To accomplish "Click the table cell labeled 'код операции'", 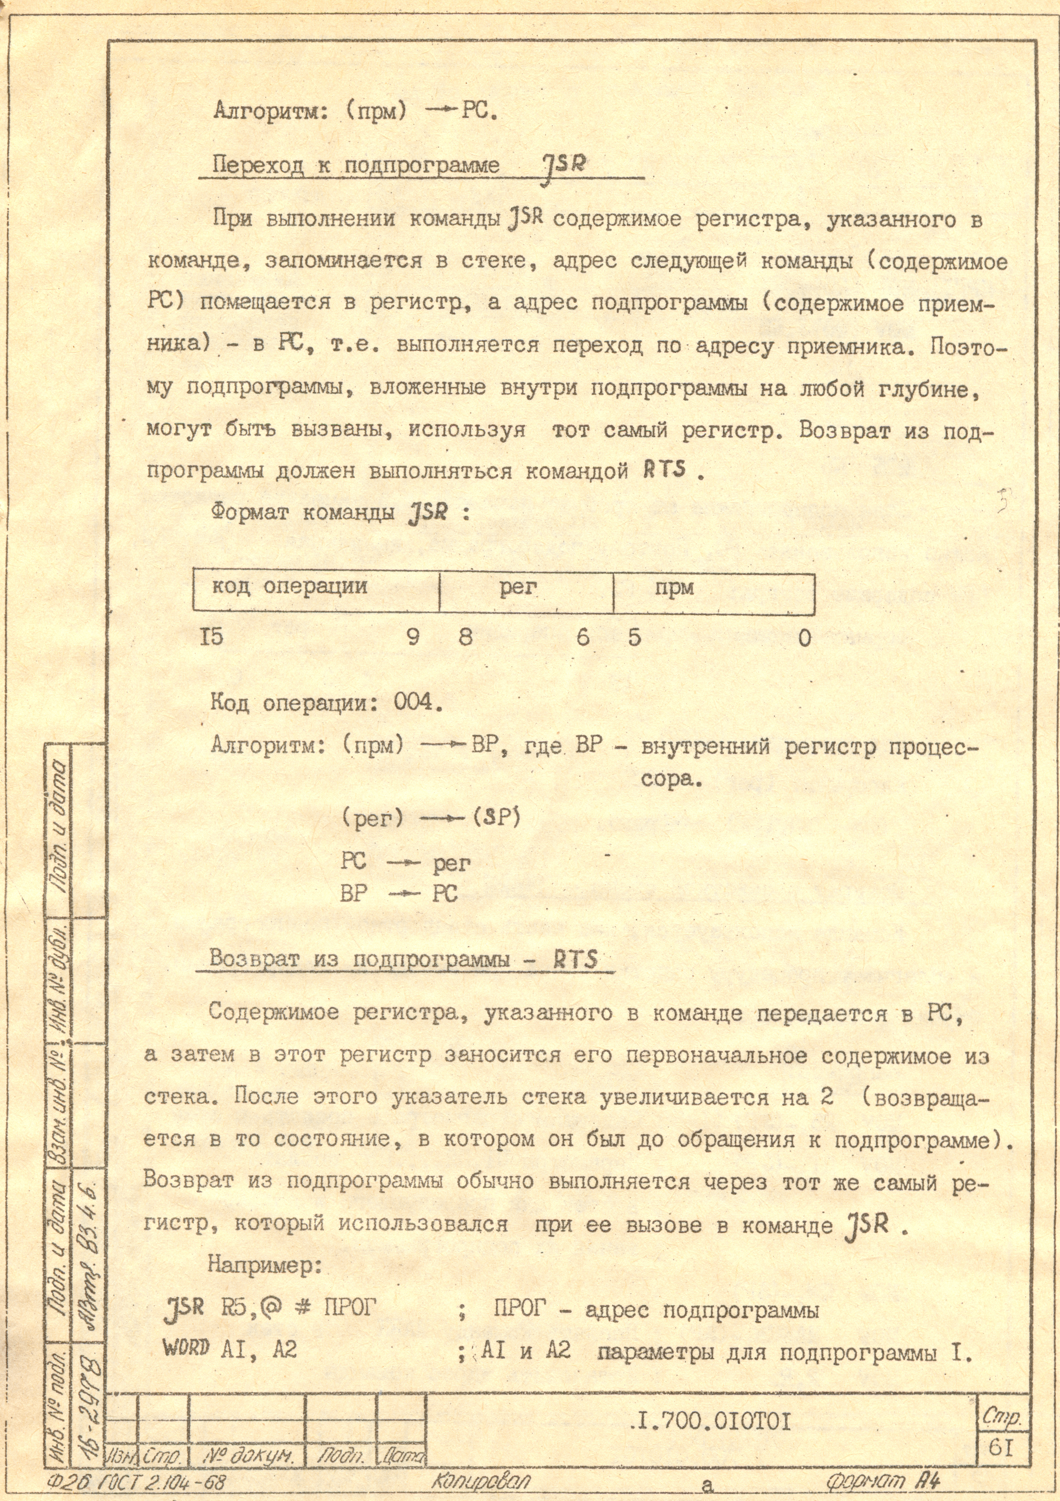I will coord(289,586).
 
